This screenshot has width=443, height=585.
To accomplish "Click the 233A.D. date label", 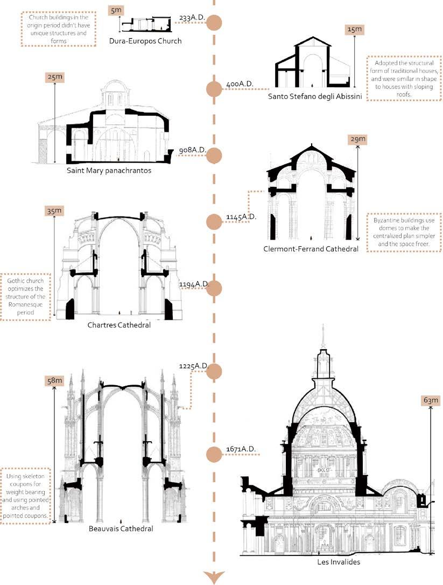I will pos(193,18).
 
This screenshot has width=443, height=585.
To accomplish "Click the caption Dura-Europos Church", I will pos(145,41).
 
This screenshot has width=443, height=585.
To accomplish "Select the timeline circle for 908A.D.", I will pos(215,155).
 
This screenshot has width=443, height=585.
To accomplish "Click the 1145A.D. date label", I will pos(241,217).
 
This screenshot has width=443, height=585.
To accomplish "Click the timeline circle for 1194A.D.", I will pos(215,288).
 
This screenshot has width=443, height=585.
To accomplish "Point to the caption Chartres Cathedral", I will pos(118,325).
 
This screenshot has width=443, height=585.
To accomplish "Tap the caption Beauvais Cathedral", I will pos(121,529).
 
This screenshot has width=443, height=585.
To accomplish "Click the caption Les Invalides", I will pos(339,562).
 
